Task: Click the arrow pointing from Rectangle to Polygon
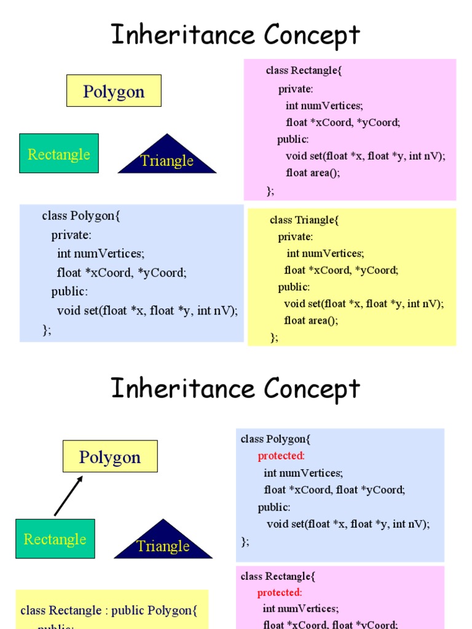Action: (x=68, y=496)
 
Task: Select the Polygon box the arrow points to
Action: (x=110, y=457)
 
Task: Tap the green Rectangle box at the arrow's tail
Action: (x=55, y=539)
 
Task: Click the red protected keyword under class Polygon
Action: (x=281, y=456)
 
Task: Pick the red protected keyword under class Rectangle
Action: (x=279, y=592)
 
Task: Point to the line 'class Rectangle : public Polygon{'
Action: (x=109, y=610)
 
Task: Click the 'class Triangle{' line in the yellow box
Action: (x=304, y=220)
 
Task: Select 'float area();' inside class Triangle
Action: (x=311, y=320)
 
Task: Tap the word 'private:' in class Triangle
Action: (x=295, y=236)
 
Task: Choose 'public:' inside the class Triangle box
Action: (x=294, y=287)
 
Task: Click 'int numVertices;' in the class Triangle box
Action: (x=325, y=253)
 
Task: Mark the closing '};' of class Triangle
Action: (x=274, y=337)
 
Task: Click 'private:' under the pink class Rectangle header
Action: (x=296, y=89)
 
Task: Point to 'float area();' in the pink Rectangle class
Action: (x=313, y=173)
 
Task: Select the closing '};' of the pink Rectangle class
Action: (x=270, y=190)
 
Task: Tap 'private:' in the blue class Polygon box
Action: (x=71, y=235)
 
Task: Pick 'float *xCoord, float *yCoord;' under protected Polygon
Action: (x=334, y=490)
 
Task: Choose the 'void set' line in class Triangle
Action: (x=363, y=303)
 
